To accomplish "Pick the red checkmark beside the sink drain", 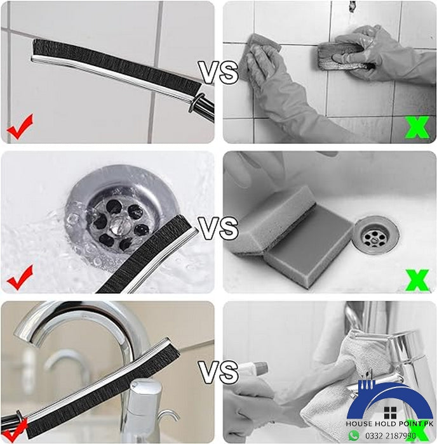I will click(x=20, y=277).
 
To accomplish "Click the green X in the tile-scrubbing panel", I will click(x=417, y=127).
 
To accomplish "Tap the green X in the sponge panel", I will click(x=417, y=279).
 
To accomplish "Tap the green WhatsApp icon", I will click(x=354, y=436).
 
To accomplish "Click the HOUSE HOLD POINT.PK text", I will click(x=389, y=423).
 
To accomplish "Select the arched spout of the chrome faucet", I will click(x=95, y=317).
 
